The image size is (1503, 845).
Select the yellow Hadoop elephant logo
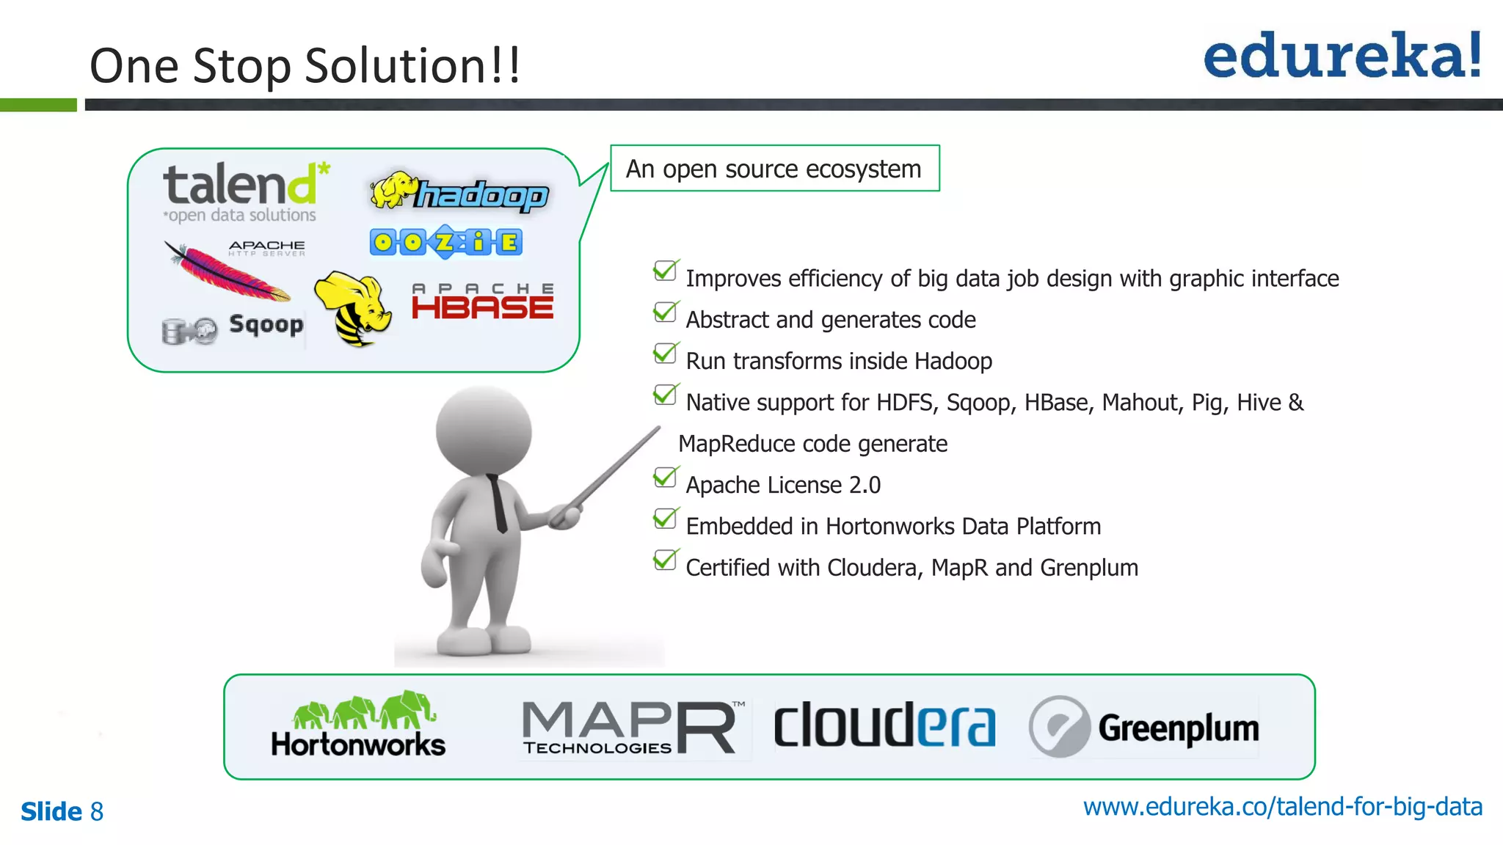click(459, 192)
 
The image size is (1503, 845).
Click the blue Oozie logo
click(446, 241)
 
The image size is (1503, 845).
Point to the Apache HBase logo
click(482, 303)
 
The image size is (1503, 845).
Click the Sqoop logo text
click(266, 324)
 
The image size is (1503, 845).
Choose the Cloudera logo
click(884, 725)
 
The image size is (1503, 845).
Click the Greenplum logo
click(1143, 727)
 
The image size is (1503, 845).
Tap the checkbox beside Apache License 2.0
click(665, 478)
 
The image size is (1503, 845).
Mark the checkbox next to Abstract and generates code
click(665, 312)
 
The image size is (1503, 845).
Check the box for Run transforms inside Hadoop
click(665, 354)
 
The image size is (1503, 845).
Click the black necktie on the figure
click(498, 502)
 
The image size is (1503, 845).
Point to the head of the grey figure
click(484, 429)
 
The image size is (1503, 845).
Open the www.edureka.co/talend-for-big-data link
click(1282, 807)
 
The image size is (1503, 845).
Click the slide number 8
click(97, 812)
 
